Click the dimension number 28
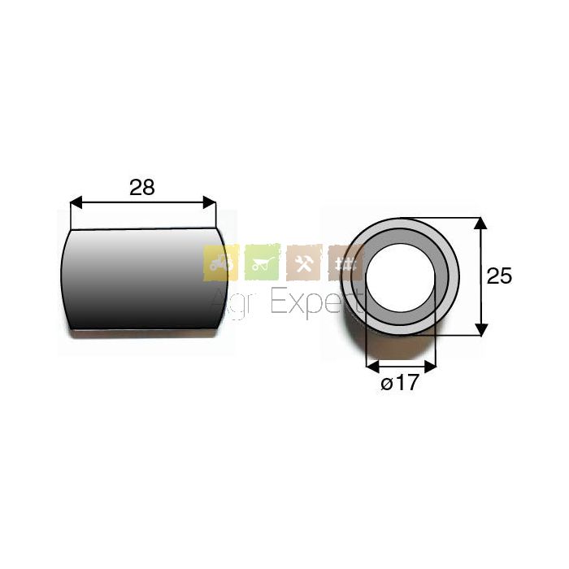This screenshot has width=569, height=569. point(142,188)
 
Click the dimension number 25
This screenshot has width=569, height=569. point(499,276)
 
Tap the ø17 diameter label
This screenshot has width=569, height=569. point(400,383)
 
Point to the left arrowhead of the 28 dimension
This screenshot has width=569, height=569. point(76,202)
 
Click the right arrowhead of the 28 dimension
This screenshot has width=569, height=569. point(210,202)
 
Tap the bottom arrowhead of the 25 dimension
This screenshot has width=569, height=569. point(481,329)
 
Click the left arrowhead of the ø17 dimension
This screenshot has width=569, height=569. point(373,367)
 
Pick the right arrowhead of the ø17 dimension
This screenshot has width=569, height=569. point(430,367)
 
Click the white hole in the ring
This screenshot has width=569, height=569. point(401,278)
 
